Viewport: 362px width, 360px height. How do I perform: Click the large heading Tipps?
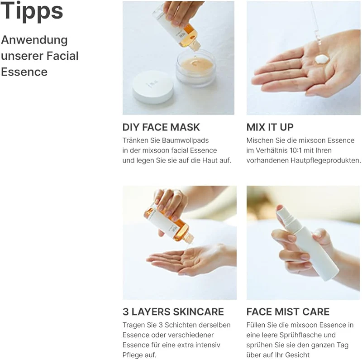point(32,11)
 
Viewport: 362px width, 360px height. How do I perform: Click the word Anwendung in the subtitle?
point(34,40)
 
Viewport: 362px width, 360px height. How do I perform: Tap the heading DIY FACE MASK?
point(161,127)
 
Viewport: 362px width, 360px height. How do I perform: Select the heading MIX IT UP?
point(270,127)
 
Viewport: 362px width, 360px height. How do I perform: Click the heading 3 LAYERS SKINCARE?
point(173,312)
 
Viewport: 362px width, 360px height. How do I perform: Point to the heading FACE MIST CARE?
point(288,312)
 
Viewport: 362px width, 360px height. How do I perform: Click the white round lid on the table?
point(153,86)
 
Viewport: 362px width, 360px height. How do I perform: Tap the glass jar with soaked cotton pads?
point(195,68)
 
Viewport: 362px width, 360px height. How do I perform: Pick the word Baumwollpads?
point(186,140)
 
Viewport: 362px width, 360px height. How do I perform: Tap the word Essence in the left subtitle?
point(24,72)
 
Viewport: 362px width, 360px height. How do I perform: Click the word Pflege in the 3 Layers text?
point(133,355)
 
